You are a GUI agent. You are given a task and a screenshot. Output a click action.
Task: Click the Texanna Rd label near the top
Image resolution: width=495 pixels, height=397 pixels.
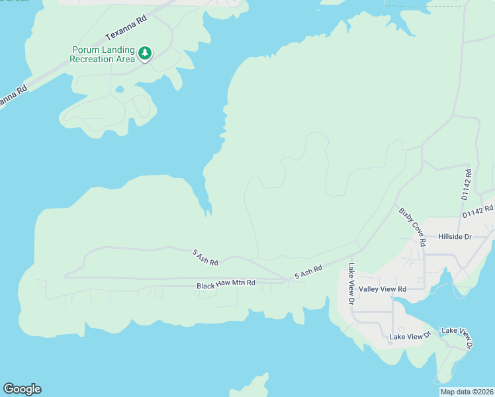pos(125,27)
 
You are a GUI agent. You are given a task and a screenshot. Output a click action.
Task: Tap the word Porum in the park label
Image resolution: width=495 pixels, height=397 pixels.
pos(85,50)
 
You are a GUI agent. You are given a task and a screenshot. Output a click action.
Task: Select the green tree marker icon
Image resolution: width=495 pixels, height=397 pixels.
pos(145,54)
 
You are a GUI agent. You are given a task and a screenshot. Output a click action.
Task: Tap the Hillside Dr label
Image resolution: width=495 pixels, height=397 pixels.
pos(454,236)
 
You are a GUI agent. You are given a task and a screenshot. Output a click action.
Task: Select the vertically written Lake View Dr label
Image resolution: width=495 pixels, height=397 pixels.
pos(351,284)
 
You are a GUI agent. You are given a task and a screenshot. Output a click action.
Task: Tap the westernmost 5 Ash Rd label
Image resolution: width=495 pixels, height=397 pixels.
pos(205,257)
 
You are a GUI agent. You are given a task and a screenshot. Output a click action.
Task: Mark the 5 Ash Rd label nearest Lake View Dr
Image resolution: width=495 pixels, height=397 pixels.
pos(308,272)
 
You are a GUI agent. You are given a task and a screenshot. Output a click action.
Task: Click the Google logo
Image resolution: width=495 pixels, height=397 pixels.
pos(22,389)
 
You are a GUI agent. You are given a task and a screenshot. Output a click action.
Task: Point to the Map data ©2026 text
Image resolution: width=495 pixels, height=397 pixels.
pos(467,392)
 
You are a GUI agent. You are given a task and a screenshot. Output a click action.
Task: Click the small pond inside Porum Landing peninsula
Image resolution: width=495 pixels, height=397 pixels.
pos(119,89)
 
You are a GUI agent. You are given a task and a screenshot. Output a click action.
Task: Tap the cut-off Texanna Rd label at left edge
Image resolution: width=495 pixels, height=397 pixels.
pos(12,96)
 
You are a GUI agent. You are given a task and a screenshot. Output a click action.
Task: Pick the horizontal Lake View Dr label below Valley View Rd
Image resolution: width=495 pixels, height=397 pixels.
pos(410,337)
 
